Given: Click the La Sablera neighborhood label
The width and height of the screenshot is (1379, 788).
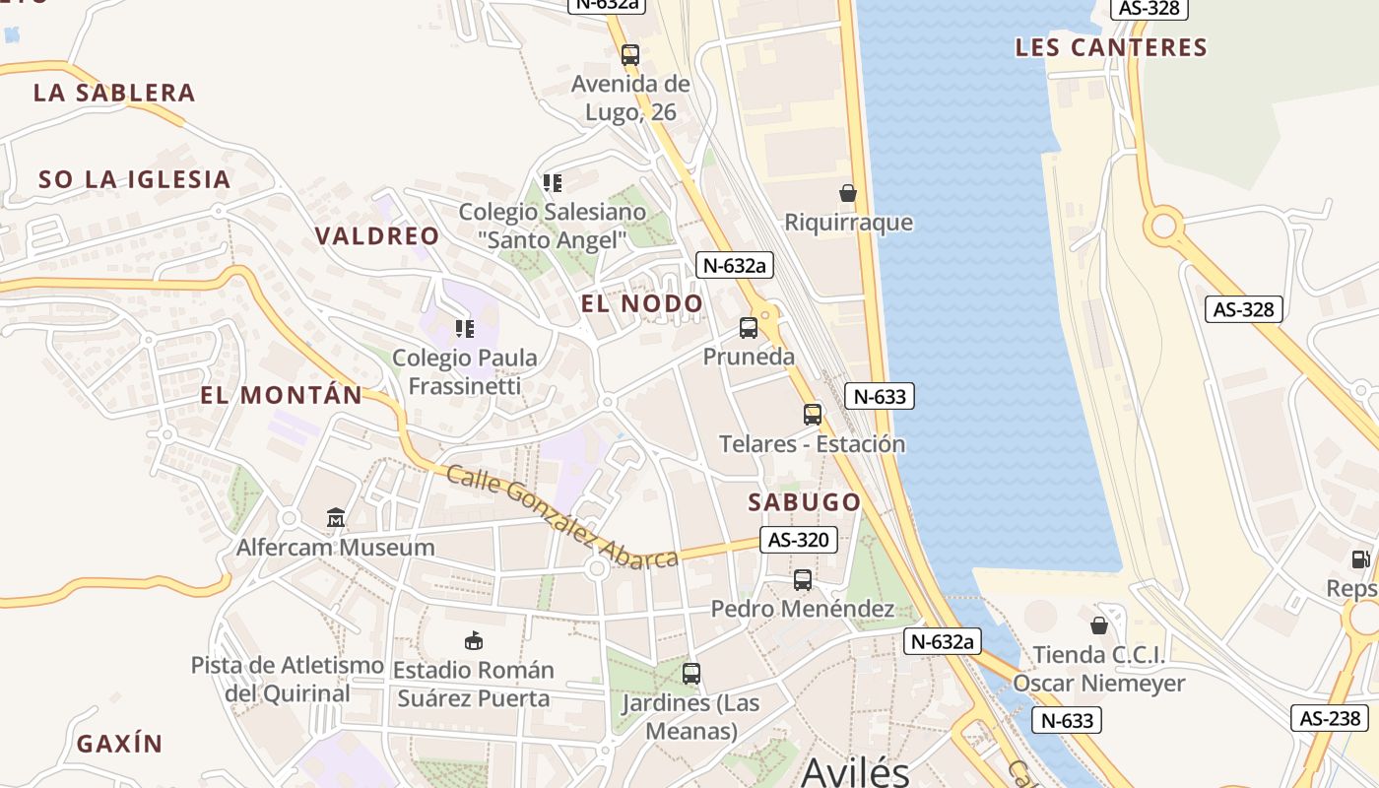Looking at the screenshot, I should [x=114, y=93].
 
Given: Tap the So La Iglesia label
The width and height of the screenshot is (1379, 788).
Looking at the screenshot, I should [x=134, y=179].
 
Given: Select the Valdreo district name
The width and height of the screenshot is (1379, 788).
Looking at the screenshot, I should [x=377, y=235].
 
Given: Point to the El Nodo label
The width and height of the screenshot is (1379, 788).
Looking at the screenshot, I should [x=642, y=303].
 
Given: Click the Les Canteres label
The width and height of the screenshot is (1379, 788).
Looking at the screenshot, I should [x=1111, y=47].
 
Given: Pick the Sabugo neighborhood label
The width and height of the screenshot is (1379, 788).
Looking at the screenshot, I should [x=805, y=501].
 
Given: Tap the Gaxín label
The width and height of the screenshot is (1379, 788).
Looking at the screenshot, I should [x=119, y=743].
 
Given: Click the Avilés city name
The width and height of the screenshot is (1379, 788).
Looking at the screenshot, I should [x=855, y=770].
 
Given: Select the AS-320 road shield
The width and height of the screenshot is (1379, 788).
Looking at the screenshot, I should [x=799, y=540].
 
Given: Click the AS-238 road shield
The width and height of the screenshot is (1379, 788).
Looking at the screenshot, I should [x=1330, y=718].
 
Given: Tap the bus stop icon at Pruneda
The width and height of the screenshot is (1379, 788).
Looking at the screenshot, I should [x=749, y=328].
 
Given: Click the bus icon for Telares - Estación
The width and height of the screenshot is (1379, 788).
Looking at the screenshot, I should [x=813, y=415].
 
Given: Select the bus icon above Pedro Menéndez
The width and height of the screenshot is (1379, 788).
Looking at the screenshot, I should [x=803, y=580].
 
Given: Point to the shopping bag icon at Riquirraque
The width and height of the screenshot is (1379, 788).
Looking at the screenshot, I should [x=848, y=193].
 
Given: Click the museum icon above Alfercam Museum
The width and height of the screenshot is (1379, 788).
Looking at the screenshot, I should [x=336, y=517].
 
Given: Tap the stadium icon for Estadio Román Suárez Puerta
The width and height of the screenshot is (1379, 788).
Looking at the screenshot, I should [x=474, y=640].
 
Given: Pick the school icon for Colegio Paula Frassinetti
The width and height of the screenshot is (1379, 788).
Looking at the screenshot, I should [x=465, y=328].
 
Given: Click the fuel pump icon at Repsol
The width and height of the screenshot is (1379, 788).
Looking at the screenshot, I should [x=1360, y=559].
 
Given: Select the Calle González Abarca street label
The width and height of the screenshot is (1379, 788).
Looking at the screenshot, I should [x=562, y=516].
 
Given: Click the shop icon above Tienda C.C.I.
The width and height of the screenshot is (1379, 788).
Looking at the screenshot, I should [x=1099, y=625].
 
